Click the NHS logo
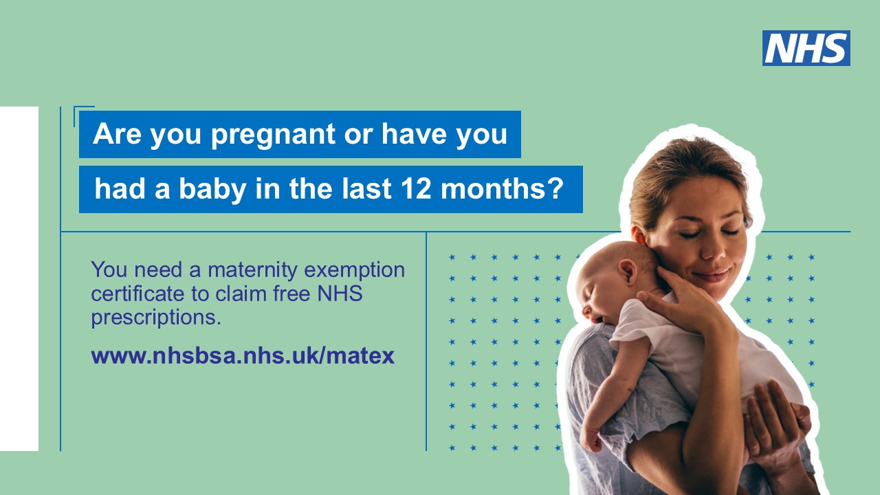tap(806, 48)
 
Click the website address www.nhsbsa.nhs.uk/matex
tap(243, 356)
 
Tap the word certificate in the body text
tap(137, 294)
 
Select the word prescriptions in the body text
tap(156, 318)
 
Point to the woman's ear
tap(639, 236)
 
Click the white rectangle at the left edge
tap(19, 278)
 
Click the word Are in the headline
tap(117, 134)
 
